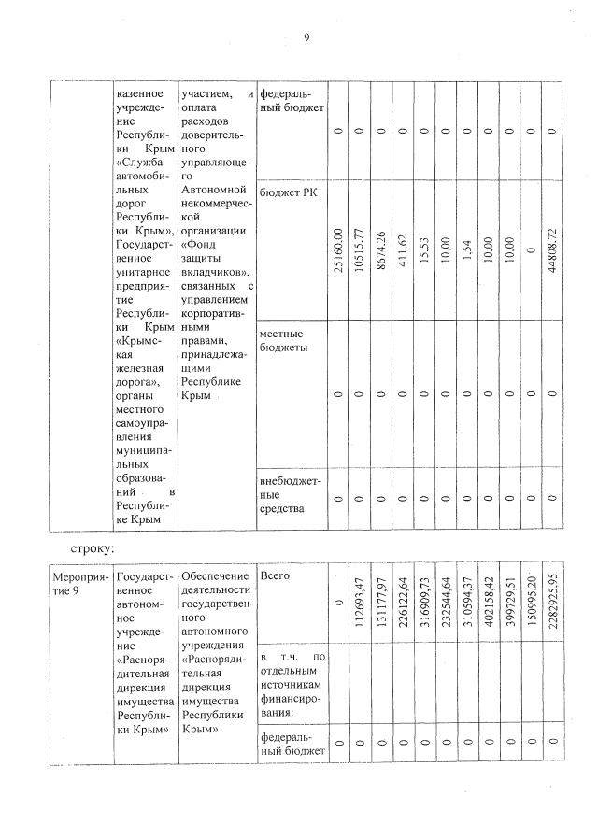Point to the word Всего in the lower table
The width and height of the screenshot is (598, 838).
click(276, 576)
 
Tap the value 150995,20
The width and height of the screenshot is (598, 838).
click(531, 600)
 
